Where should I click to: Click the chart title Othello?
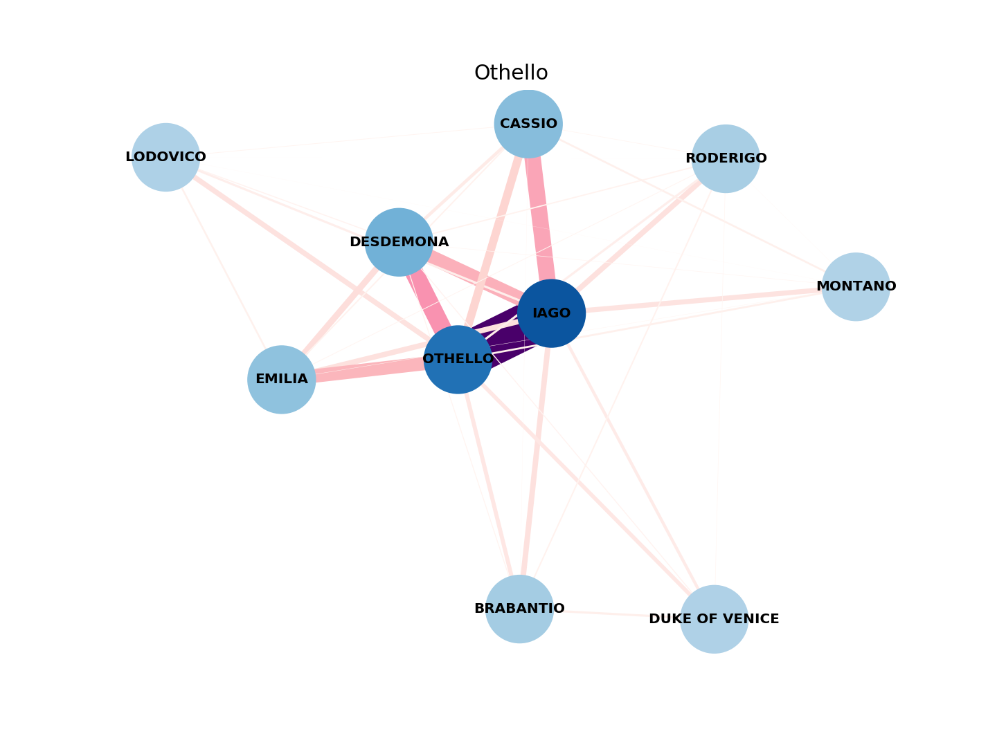pyautogui.click(x=511, y=73)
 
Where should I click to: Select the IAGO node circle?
pyautogui.click(x=551, y=313)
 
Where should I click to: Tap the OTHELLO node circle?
pyautogui.click(x=458, y=359)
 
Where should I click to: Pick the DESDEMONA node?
pyautogui.click(x=399, y=242)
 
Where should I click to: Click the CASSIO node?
pyautogui.click(x=528, y=124)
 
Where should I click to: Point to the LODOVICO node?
pyautogui.click(x=165, y=157)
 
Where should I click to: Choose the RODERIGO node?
pyautogui.click(x=726, y=158)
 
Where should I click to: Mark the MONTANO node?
pyautogui.click(x=856, y=286)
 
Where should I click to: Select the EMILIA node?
pyautogui.click(x=281, y=379)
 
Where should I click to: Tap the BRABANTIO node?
pyautogui.click(x=519, y=609)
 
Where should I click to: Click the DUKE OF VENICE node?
pyautogui.click(x=714, y=619)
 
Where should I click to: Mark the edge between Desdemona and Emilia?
pyautogui.click(x=340, y=311)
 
